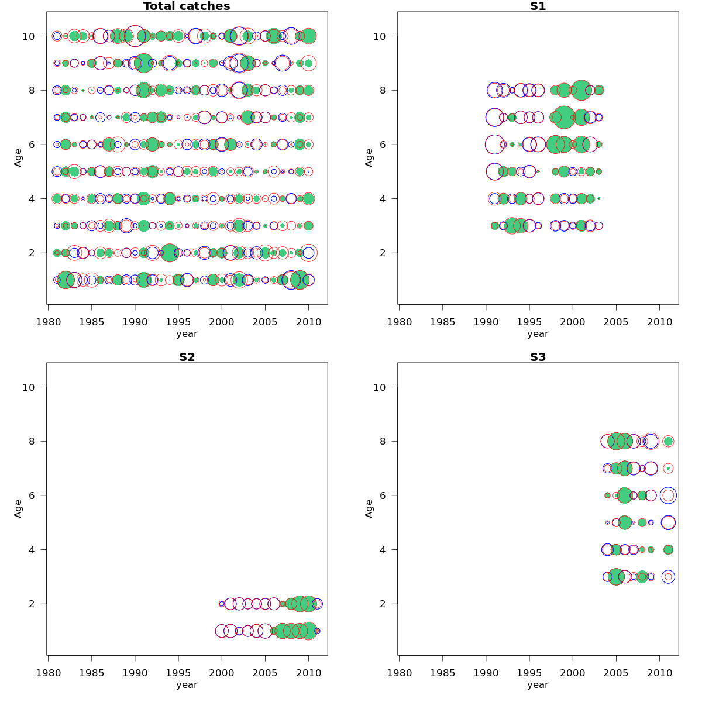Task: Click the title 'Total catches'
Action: pos(187,6)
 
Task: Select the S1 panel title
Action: pos(538,6)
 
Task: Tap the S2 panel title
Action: pos(187,357)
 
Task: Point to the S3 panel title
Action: pos(538,357)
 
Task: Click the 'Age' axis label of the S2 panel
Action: pos(18,508)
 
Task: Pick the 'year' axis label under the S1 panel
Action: pos(538,334)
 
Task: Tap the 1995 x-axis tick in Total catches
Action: pos(178,322)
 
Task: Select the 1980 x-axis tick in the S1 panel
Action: pos(399,322)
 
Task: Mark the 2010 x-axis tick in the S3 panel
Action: pos(659,673)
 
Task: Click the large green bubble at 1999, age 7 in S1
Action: pos(564,117)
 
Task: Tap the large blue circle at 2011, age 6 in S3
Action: pos(668,495)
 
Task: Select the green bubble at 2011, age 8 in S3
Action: pos(668,441)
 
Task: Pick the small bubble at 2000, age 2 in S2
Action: pos(222,604)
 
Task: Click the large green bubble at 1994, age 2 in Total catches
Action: pos(170,253)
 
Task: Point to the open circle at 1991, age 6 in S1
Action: pos(494,144)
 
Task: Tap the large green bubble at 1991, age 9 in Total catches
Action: pos(144,63)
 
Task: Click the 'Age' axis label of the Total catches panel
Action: pos(18,157)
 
